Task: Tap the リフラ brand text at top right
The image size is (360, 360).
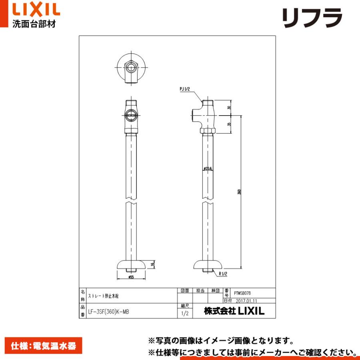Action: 312,18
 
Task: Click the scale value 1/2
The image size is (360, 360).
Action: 184,313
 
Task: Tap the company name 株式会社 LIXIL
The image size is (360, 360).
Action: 234,311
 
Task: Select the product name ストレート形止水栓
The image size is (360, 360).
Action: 103,296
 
